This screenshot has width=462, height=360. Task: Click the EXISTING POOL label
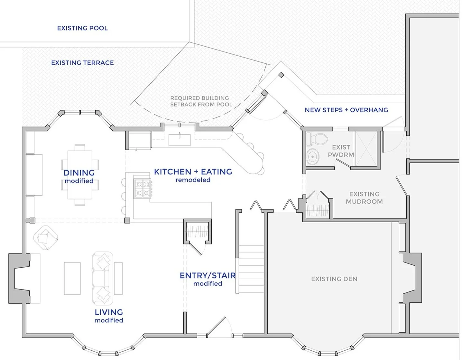coord(82,28)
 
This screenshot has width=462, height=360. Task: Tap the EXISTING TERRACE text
coord(82,63)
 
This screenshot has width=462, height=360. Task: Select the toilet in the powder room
coord(319,139)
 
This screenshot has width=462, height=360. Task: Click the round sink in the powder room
coord(312,157)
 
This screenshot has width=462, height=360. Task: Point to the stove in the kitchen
coord(143,189)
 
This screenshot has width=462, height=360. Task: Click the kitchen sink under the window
coord(180,140)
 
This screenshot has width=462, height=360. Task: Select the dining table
coord(80,174)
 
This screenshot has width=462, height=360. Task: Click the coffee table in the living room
coord(72,278)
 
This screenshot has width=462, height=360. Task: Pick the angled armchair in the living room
coord(45,237)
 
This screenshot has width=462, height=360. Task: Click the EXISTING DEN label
coord(334,279)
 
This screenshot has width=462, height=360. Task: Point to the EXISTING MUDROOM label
coord(364,198)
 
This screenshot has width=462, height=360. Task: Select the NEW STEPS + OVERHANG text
coord(346,110)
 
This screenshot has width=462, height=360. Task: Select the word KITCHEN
coord(172,172)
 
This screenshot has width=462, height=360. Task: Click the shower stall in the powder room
coord(365,149)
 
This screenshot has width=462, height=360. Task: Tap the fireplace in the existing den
coord(412,278)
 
